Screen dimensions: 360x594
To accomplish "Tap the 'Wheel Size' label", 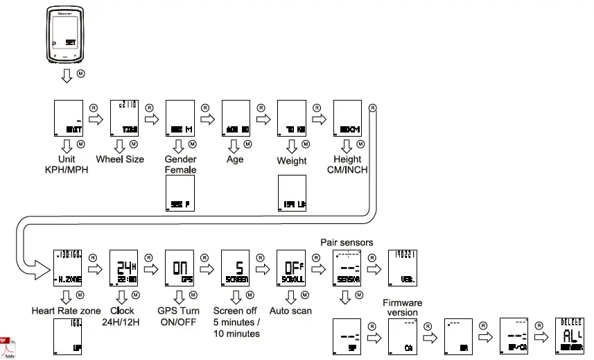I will click(120, 160).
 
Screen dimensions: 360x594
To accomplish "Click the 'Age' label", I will click(235, 160).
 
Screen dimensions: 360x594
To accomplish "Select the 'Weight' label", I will click(292, 161).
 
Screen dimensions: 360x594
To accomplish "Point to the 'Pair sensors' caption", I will click(347, 242).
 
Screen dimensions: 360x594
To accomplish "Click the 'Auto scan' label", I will click(291, 311).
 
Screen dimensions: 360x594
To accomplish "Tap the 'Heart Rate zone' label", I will click(66, 311).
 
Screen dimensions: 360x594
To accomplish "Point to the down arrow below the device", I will click(67, 75).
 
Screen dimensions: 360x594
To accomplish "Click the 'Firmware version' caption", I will click(402, 307).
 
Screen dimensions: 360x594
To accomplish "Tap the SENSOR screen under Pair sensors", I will click(347, 267).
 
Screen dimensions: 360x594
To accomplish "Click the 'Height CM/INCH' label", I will click(347, 164).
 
